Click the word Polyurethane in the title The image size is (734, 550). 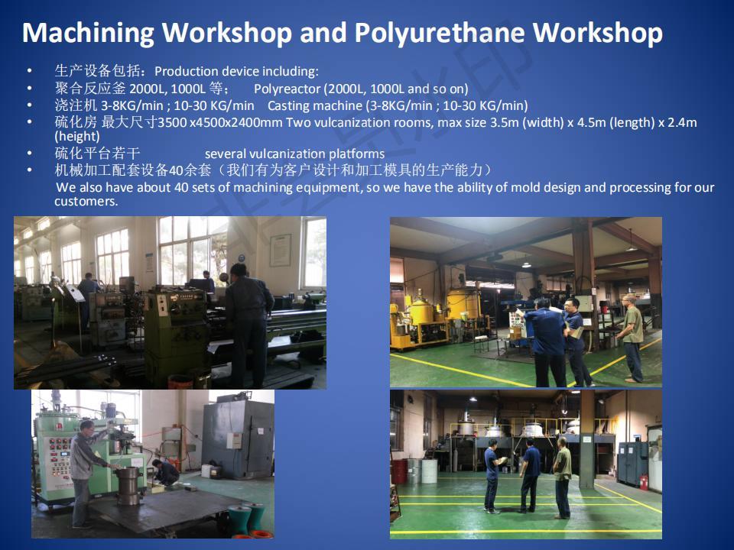(439, 33)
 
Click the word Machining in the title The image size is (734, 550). (87, 33)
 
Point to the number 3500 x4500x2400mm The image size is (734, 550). (220, 122)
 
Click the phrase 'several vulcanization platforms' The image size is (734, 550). (294, 154)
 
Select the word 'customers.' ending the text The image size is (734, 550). (86, 202)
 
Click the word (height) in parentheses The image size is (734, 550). (76, 137)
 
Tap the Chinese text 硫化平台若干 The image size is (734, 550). (97, 153)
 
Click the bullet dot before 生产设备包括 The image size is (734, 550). (30, 71)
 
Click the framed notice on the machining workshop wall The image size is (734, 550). (280, 251)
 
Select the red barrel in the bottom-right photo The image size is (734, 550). (399, 471)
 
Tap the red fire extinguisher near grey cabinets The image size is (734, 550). (644, 482)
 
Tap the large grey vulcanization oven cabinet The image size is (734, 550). (238, 437)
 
